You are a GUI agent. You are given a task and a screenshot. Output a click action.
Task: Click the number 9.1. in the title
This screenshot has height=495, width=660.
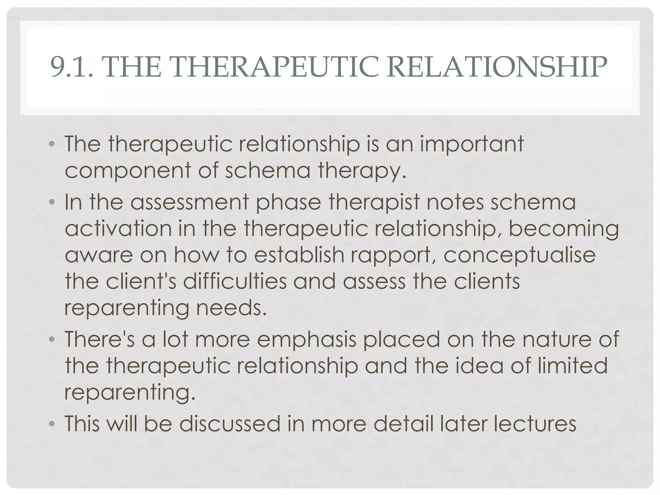[72, 67]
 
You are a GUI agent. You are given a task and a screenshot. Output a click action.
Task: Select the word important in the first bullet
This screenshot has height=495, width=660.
[472, 144]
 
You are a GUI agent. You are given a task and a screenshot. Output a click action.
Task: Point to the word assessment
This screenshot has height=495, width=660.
[189, 202]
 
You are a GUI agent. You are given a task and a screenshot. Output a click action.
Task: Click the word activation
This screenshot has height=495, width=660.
[118, 228]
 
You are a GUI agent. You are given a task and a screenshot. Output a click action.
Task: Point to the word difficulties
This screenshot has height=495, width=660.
[235, 281]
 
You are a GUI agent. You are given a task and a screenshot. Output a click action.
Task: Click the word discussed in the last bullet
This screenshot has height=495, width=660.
[230, 423]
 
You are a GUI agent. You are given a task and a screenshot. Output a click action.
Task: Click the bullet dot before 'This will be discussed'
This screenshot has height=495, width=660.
[52, 424]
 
